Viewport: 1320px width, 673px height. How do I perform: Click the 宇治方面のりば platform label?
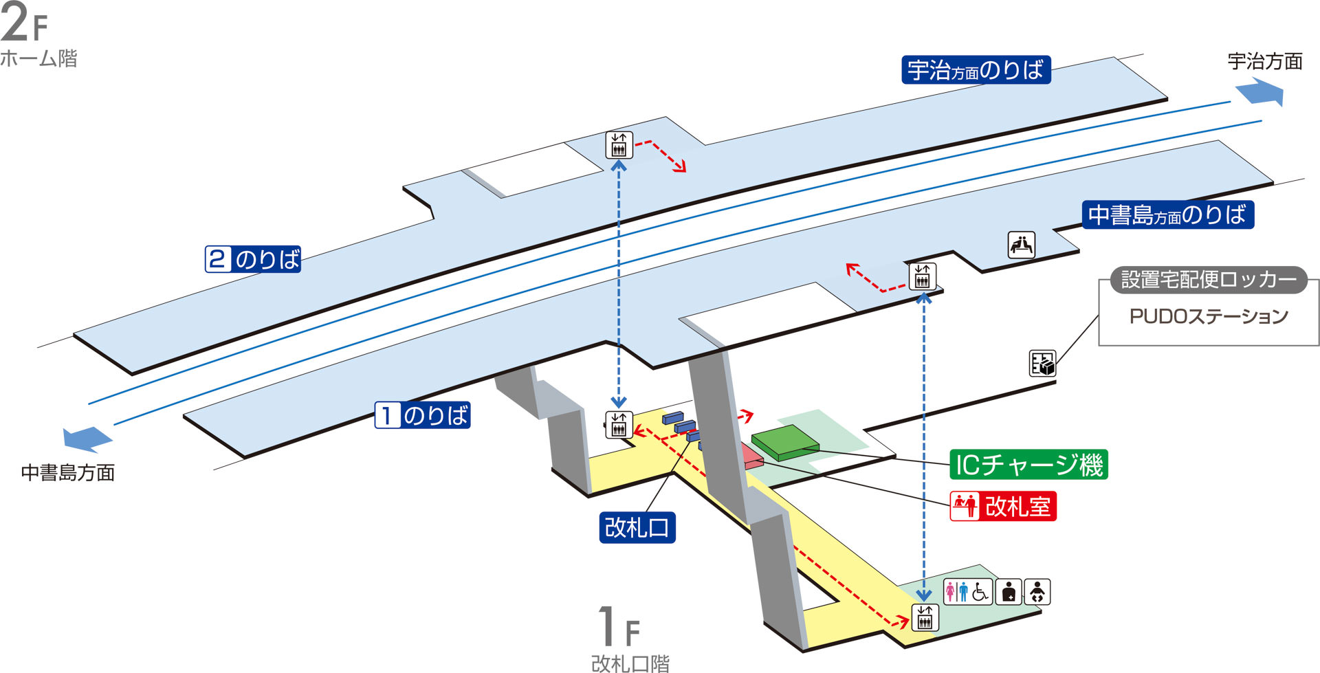[976, 70]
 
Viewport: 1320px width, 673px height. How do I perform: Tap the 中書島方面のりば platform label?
[1167, 214]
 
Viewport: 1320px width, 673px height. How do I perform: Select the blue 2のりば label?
[253, 259]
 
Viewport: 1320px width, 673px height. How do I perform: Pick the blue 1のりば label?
[422, 415]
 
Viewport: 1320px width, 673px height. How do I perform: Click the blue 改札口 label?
[637, 527]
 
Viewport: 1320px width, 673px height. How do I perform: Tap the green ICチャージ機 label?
[1028, 465]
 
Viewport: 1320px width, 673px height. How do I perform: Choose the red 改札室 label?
[1003, 507]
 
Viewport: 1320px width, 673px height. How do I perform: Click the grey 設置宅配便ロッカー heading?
[1209, 280]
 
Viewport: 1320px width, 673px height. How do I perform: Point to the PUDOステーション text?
[1209, 316]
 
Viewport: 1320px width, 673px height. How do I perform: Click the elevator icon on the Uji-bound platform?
[619, 145]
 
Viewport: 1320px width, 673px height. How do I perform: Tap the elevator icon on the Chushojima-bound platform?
[922, 276]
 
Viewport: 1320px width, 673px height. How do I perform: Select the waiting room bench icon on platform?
[1022, 245]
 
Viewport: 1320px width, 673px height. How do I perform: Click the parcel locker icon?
[1042, 363]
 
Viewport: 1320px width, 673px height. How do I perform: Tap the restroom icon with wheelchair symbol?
[967, 591]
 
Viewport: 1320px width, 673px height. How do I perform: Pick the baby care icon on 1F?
[1037, 592]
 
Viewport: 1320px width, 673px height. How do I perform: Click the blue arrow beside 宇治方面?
[1260, 91]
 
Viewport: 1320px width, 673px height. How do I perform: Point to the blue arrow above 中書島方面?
[87, 439]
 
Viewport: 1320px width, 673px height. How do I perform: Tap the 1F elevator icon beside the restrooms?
[925, 617]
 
